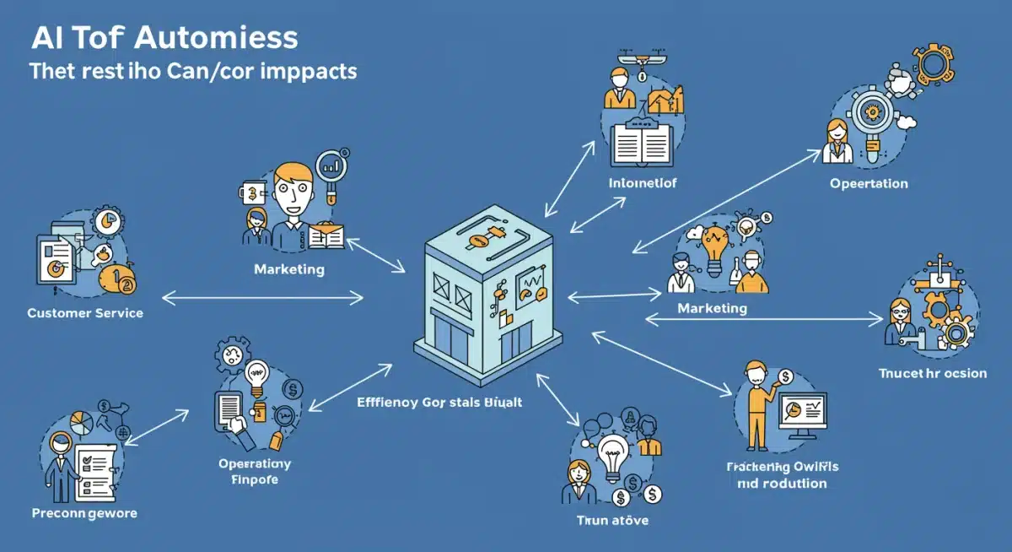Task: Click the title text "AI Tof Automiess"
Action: [164, 38]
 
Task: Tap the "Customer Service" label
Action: [85, 313]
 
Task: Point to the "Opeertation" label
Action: [869, 183]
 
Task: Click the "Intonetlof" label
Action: [642, 182]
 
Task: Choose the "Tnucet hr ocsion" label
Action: [932, 372]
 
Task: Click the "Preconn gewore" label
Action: [84, 512]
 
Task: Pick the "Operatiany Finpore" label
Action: [255, 472]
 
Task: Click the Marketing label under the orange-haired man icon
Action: [288, 269]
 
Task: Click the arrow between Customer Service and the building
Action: [262, 297]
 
